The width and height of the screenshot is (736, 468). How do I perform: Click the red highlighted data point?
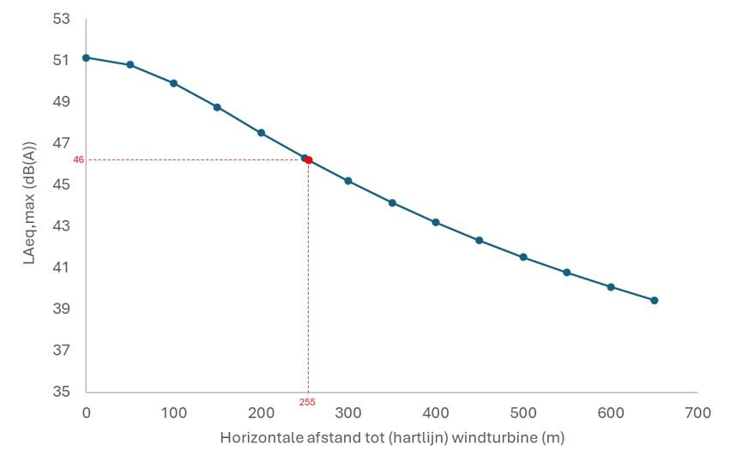[x=309, y=160]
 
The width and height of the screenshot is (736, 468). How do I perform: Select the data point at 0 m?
[x=86, y=57]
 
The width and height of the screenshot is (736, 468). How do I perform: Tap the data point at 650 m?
[x=655, y=300]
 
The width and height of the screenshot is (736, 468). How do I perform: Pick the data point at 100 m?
[x=173, y=83]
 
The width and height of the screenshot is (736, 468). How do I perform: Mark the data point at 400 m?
[x=436, y=222]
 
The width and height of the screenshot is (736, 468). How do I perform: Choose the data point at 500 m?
[x=523, y=257]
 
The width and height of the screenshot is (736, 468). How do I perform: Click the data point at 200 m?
[x=261, y=133]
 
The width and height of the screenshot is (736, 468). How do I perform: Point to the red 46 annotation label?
[x=78, y=160]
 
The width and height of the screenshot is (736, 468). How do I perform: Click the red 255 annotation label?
[x=308, y=401]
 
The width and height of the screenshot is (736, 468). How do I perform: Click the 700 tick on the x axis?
[x=698, y=413]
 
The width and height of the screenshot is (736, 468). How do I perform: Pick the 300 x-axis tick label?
[x=348, y=413]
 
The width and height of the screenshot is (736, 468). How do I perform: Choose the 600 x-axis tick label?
[x=611, y=413]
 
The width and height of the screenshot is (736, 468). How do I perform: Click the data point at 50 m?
[x=130, y=64]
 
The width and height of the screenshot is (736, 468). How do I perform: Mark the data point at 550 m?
[x=567, y=273]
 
